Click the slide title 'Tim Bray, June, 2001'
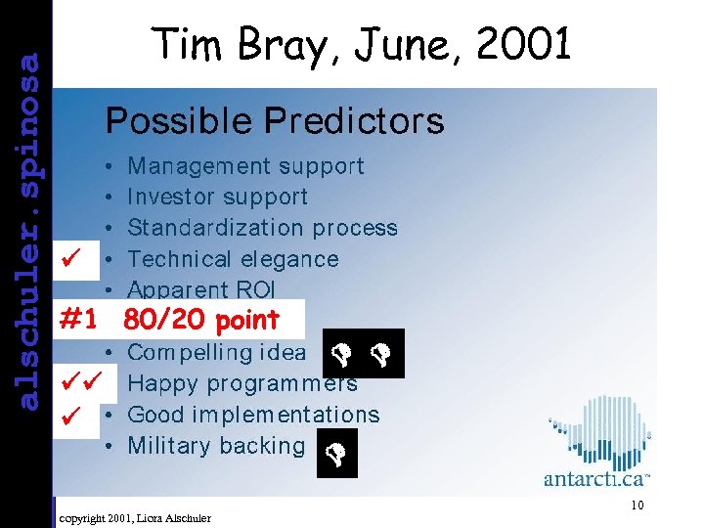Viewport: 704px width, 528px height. [361, 45]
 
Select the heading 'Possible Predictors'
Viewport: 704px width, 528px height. [274, 121]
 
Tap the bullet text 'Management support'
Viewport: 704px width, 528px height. [245, 166]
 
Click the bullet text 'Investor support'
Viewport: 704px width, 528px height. [217, 197]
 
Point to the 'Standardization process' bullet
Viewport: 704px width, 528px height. [262, 228]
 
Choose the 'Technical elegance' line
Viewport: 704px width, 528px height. [233, 259]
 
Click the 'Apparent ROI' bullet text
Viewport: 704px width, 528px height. [201, 288]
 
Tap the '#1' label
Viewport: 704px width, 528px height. [82, 320]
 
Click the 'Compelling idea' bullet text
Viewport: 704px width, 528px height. [216, 352]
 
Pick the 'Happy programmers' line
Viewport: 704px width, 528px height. [242, 383]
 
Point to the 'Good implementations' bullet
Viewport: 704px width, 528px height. [253, 415]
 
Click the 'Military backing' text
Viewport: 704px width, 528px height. [216, 446]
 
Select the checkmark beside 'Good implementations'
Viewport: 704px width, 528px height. [68, 415]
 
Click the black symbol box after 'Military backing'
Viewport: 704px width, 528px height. [337, 455]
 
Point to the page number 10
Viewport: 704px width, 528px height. [637, 506]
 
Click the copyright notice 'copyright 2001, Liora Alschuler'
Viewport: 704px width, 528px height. [135, 516]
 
